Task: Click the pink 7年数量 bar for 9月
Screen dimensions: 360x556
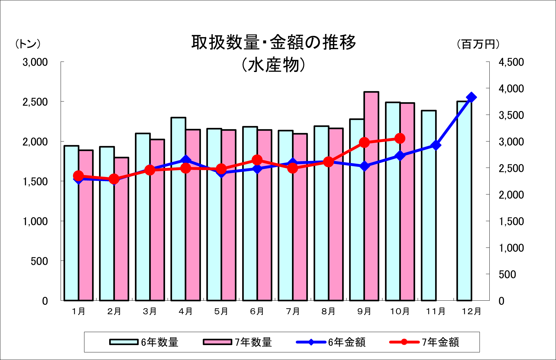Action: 371,197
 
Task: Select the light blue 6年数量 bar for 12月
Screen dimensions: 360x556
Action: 464,203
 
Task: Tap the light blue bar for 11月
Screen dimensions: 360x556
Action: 429,206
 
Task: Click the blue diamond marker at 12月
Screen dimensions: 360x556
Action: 471,97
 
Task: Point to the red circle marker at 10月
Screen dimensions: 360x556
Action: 400,138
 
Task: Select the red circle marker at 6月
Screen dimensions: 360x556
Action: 257,160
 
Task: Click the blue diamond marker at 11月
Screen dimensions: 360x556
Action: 436,146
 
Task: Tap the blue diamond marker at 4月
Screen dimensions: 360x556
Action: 186,160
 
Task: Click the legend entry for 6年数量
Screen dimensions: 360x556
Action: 144,342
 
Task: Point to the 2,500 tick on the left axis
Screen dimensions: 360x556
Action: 35,102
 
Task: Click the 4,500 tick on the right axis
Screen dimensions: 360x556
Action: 511,62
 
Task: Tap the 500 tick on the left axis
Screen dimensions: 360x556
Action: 39,261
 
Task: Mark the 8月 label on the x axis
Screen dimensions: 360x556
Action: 328,311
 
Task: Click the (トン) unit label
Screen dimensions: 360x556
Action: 28,44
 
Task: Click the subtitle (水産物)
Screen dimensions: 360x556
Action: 273,65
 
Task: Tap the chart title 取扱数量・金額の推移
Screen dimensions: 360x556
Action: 274,43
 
